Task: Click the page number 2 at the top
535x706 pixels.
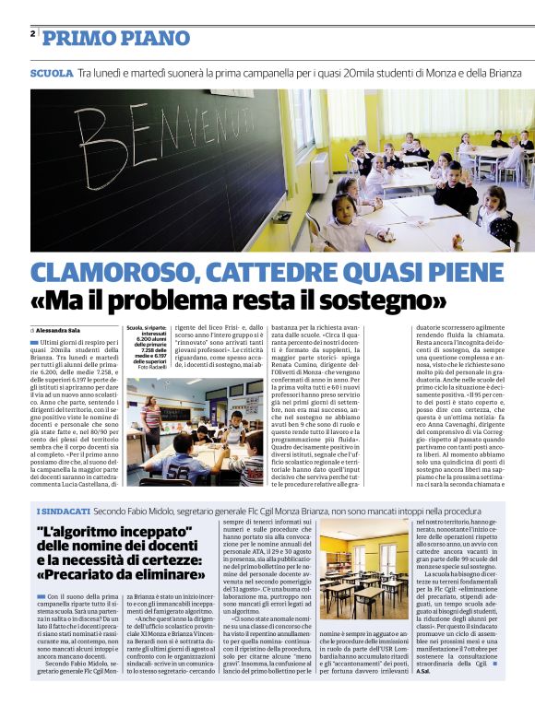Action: coord(33,34)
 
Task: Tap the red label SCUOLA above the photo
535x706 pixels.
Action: coord(51,72)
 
